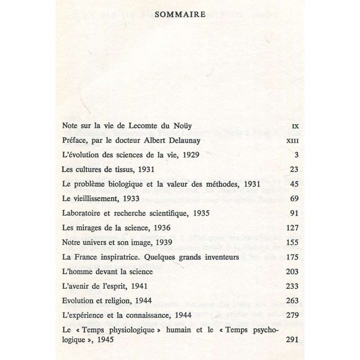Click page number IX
tap(295, 126)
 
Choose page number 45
tap(294, 184)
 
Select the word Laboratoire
tap(80, 213)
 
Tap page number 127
tap(292, 228)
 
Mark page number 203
tap(292, 272)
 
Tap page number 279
tap(292, 315)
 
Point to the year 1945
tap(105, 340)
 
